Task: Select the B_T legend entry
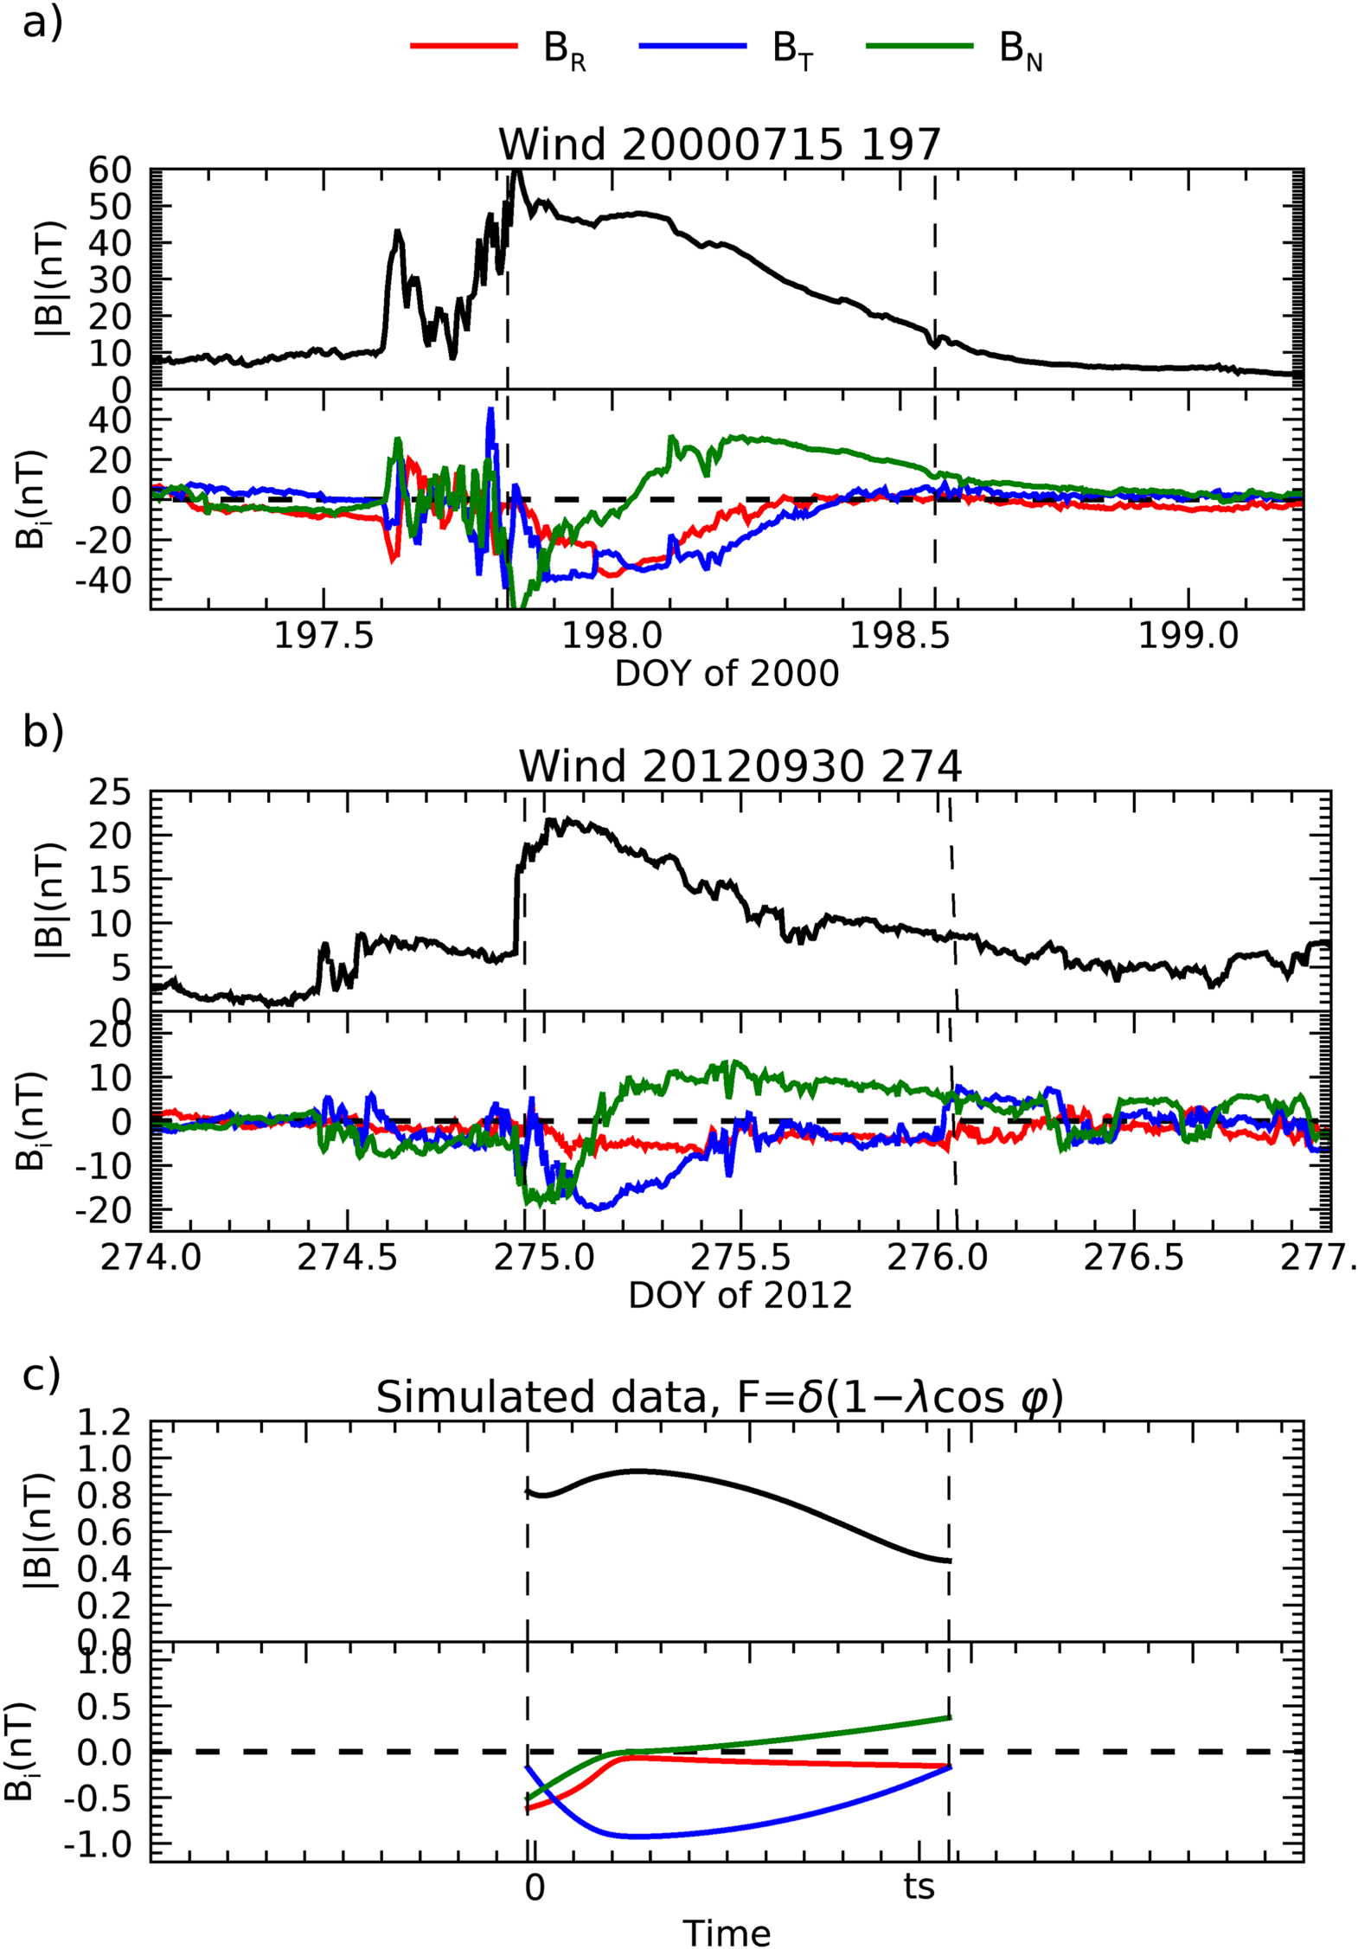727,48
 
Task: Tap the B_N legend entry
955,48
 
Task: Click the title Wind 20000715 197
719,144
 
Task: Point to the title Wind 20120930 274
740,766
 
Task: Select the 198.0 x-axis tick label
612,636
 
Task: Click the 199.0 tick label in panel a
1188,636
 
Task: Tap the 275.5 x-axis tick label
741,1257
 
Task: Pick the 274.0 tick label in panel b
151,1257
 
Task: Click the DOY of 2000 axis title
727,673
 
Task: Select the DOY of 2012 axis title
740,1295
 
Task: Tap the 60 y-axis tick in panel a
110,170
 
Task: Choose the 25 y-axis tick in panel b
110,792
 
